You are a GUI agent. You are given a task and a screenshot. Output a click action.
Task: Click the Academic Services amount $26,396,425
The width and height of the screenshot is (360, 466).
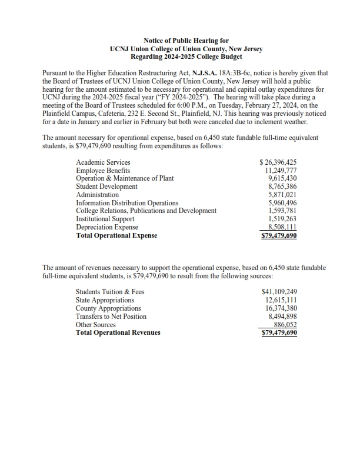278,162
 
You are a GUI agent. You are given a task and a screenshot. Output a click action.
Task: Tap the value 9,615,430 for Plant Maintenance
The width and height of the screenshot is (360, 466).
281,178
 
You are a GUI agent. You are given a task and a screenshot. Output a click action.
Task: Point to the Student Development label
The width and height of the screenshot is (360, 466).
106,187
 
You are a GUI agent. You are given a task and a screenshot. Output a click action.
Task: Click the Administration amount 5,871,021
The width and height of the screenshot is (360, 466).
281,195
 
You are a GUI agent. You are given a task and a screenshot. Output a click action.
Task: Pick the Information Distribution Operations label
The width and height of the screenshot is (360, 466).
127,203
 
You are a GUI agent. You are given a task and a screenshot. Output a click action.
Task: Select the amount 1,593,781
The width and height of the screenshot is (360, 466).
281,211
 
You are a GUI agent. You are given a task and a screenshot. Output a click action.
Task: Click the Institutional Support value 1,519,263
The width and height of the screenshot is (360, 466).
281,219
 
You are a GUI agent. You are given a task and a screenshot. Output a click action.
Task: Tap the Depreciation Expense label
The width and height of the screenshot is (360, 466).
107,227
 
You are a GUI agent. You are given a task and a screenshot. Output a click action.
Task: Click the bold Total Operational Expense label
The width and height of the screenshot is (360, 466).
116,235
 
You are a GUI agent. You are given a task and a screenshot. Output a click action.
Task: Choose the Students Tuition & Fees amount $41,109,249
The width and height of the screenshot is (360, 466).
279,292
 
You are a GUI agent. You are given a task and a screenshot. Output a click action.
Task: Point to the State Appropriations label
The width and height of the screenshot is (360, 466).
105,300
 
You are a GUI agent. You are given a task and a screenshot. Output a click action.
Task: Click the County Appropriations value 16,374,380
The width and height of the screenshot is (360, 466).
281,308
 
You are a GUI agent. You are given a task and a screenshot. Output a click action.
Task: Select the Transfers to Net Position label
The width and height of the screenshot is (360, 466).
111,317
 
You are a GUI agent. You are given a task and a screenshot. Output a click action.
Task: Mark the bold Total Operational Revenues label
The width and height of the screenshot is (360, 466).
118,333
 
